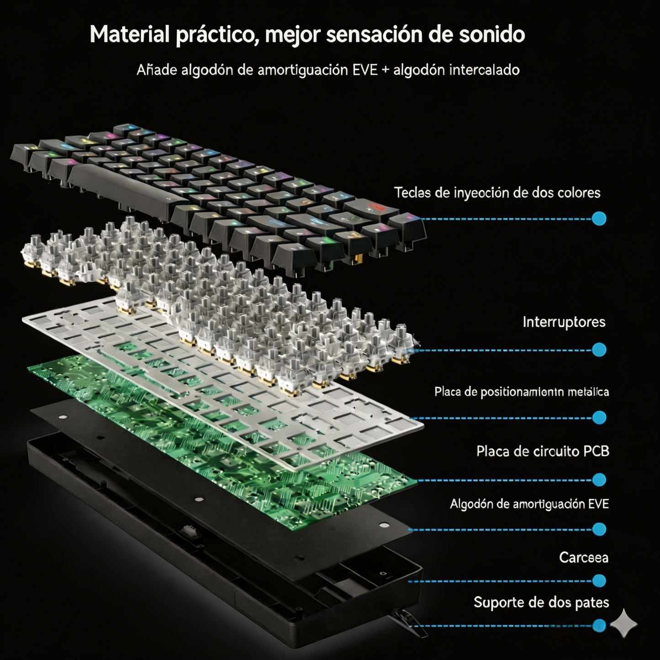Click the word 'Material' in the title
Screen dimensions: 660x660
(x=130, y=34)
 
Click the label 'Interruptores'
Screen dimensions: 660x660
(x=564, y=322)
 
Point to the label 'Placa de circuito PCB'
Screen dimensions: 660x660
(x=542, y=451)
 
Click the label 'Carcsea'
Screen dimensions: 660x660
(x=583, y=557)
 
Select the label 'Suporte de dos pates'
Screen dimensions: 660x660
(x=541, y=602)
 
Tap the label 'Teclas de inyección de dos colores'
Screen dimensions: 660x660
(x=497, y=193)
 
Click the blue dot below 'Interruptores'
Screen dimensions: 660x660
(x=599, y=350)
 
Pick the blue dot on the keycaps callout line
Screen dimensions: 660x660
(x=599, y=219)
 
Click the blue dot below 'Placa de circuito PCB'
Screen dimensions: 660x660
(x=599, y=480)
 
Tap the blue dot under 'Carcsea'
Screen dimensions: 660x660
(x=599, y=581)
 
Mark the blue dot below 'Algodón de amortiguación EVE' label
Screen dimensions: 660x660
(x=599, y=529)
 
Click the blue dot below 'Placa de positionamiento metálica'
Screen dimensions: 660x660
(x=599, y=418)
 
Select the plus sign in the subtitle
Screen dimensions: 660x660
(x=385, y=70)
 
